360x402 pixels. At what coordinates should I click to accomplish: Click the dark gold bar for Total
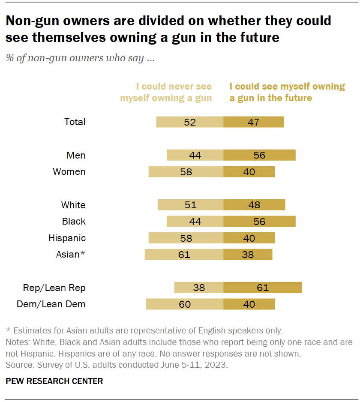pyautogui.click(x=253, y=122)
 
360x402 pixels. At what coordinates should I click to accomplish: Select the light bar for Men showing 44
pyautogui.click(x=195, y=155)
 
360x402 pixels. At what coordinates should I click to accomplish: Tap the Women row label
pyautogui.click(x=69, y=172)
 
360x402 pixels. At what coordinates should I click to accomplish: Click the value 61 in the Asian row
pyautogui.click(x=184, y=255)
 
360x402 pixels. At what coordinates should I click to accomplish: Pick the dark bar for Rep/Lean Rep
pyautogui.click(x=262, y=288)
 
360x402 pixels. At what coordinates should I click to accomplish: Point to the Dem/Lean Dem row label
pyautogui.click(x=51, y=304)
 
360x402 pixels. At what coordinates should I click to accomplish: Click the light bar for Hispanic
pyautogui.click(x=186, y=238)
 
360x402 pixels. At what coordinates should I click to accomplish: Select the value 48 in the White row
pyautogui.click(x=254, y=205)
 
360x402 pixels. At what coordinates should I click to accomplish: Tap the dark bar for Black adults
pyautogui.click(x=259, y=222)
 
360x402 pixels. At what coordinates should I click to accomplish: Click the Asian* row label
pyautogui.click(x=71, y=255)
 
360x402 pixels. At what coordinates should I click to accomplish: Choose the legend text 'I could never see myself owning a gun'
pyautogui.click(x=166, y=92)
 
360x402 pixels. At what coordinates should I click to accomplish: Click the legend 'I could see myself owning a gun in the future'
pyautogui.click(x=287, y=92)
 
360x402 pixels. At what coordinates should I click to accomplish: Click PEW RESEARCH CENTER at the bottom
pyautogui.click(x=54, y=381)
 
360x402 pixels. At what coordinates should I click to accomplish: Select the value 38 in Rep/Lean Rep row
pyautogui.click(x=199, y=288)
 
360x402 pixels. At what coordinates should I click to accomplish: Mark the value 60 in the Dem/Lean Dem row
pyautogui.click(x=185, y=304)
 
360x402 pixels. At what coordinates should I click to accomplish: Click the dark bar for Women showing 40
pyautogui.click(x=249, y=172)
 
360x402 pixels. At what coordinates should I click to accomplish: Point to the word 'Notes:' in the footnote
pyautogui.click(x=16, y=342)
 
